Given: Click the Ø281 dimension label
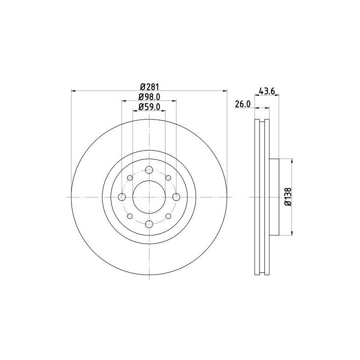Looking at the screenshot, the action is click(149, 87).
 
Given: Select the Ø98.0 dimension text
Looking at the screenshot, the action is click(149, 97).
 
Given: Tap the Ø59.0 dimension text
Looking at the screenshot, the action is click(149, 107).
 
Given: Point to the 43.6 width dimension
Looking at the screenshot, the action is click(267, 91).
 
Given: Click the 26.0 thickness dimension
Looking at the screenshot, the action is click(242, 104).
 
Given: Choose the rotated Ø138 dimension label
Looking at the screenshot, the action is click(288, 197).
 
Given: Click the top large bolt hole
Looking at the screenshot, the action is click(149, 170).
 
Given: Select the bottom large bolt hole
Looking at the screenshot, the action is click(149, 224).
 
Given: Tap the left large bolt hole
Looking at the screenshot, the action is click(122, 197).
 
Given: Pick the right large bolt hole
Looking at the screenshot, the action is click(176, 197).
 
